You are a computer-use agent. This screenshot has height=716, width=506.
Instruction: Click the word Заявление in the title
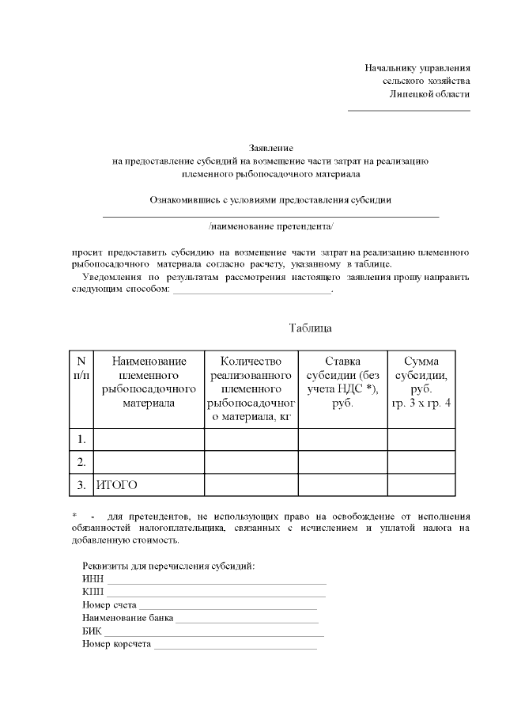point(271,148)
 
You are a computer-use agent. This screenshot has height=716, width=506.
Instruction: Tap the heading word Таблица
point(310,328)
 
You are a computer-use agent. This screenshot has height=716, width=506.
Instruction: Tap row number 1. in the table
point(81,438)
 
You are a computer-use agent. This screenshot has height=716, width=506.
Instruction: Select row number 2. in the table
point(81,461)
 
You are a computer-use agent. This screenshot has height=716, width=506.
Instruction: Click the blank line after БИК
point(214,633)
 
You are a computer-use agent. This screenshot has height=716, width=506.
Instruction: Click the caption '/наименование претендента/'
point(271,226)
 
